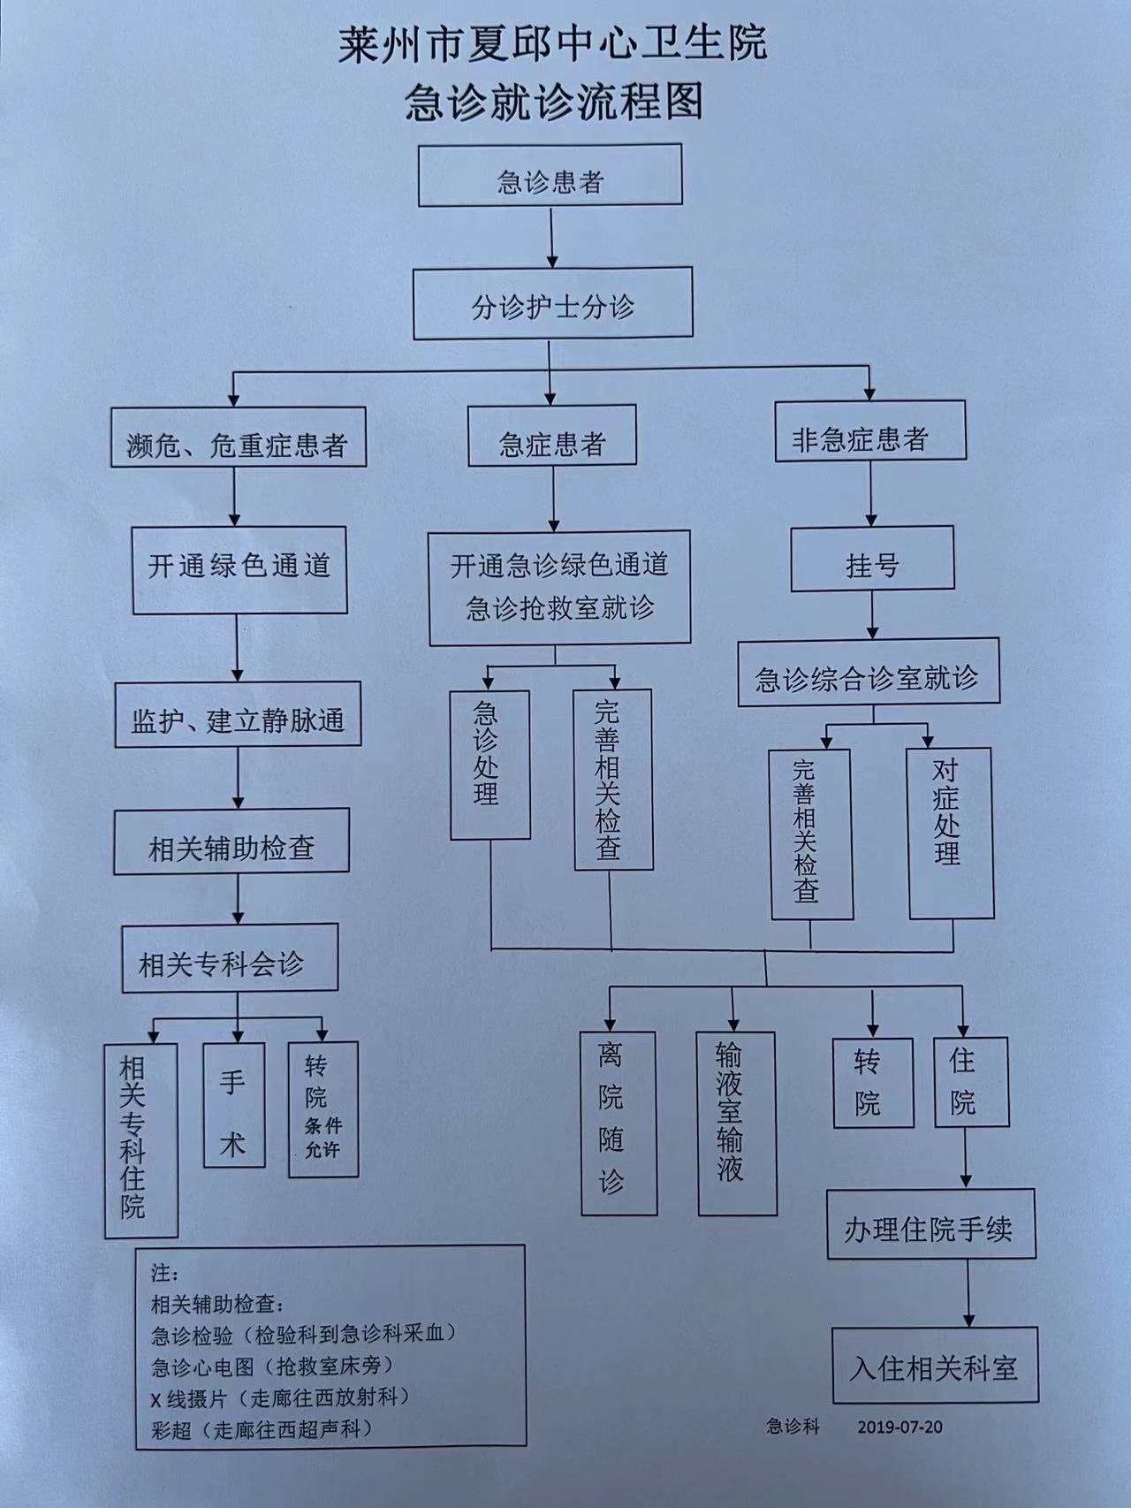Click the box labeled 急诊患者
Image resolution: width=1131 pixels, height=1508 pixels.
[x=550, y=176]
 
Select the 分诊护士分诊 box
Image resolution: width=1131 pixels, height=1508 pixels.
[x=553, y=304]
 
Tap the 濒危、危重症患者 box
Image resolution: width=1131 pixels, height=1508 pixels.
[x=239, y=437]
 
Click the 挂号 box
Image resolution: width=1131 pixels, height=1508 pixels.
[x=872, y=559]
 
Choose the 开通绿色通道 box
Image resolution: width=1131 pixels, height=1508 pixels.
[x=239, y=570]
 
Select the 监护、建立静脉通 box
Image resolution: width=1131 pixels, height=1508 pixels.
[x=239, y=715]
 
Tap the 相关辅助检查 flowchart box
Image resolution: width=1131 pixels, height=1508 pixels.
[x=232, y=842]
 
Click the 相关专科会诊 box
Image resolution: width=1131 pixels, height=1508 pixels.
[x=230, y=958]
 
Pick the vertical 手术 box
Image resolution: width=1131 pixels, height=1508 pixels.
[x=234, y=1105]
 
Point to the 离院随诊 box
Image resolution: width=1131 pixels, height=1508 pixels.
[x=619, y=1123]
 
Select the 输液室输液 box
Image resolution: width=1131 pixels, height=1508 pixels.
[x=737, y=1123]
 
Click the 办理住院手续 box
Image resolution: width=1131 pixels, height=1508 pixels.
[x=931, y=1224]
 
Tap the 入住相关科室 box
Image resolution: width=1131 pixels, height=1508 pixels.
[x=935, y=1365]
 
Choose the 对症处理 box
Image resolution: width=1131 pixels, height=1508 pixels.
[x=951, y=833]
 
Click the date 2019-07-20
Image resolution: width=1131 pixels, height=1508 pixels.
[x=899, y=1428]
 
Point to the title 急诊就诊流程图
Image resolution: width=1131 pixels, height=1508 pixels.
[x=554, y=100]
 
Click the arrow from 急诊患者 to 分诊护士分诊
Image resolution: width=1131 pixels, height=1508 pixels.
[x=551, y=237]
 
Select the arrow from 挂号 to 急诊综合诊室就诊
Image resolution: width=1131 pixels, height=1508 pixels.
[x=872, y=615]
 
